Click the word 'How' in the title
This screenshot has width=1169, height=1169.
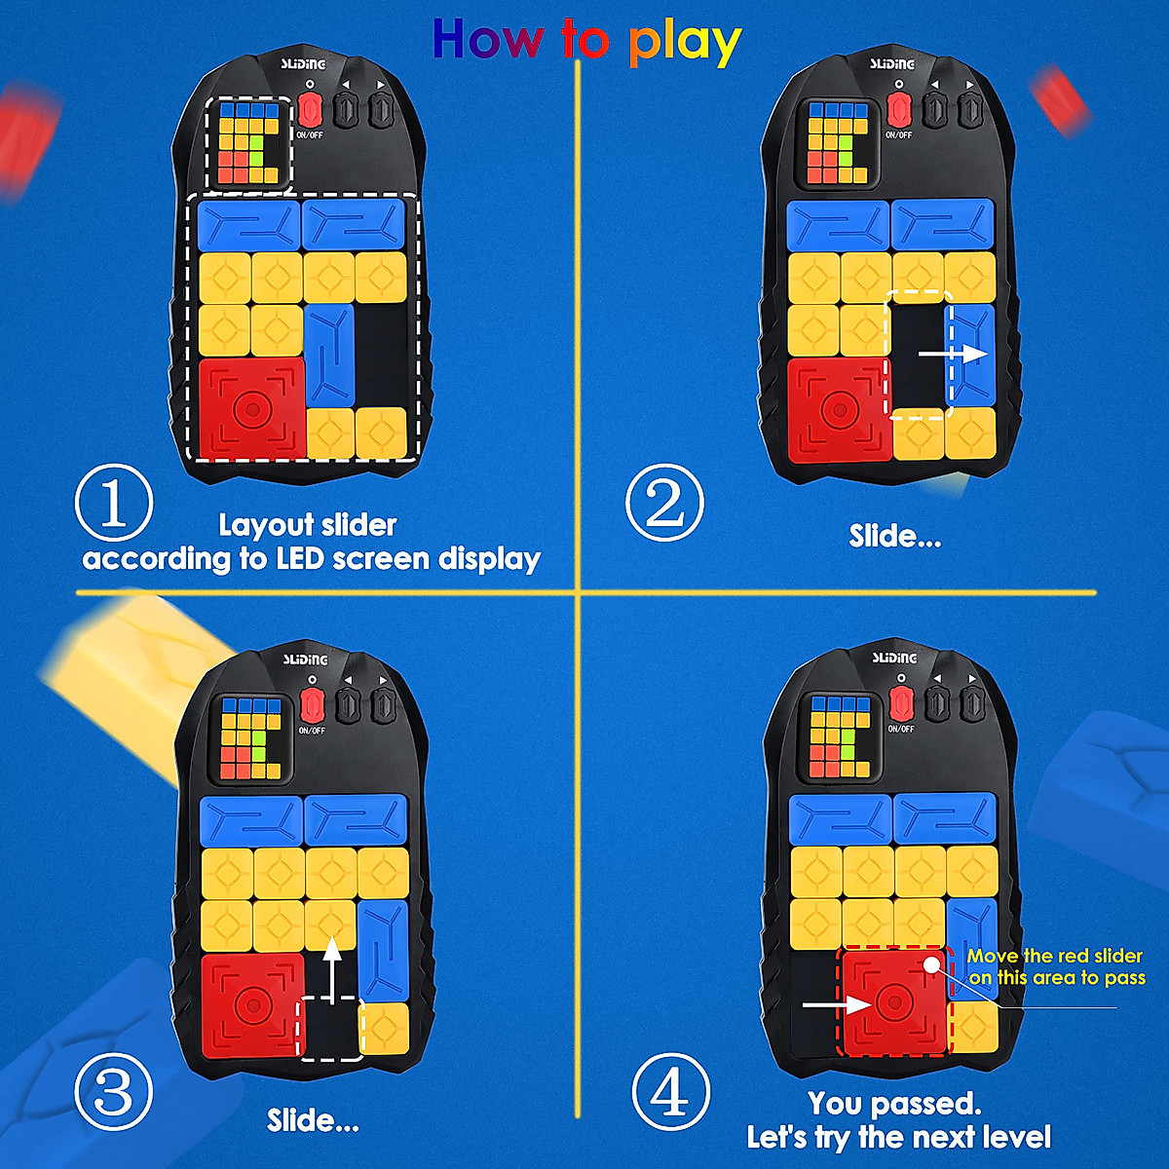point(487,40)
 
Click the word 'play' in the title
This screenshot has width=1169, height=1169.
point(685,43)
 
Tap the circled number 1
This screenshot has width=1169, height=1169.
point(114,505)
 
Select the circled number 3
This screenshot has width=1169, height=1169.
point(114,1092)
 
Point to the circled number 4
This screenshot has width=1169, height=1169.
point(670,1092)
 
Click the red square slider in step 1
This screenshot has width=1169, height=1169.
point(252,408)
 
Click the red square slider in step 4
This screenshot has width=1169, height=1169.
point(894,1001)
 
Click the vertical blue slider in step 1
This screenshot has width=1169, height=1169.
point(329,355)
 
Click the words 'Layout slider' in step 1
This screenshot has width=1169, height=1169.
point(307,525)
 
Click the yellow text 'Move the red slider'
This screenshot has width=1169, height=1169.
point(1054,956)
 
